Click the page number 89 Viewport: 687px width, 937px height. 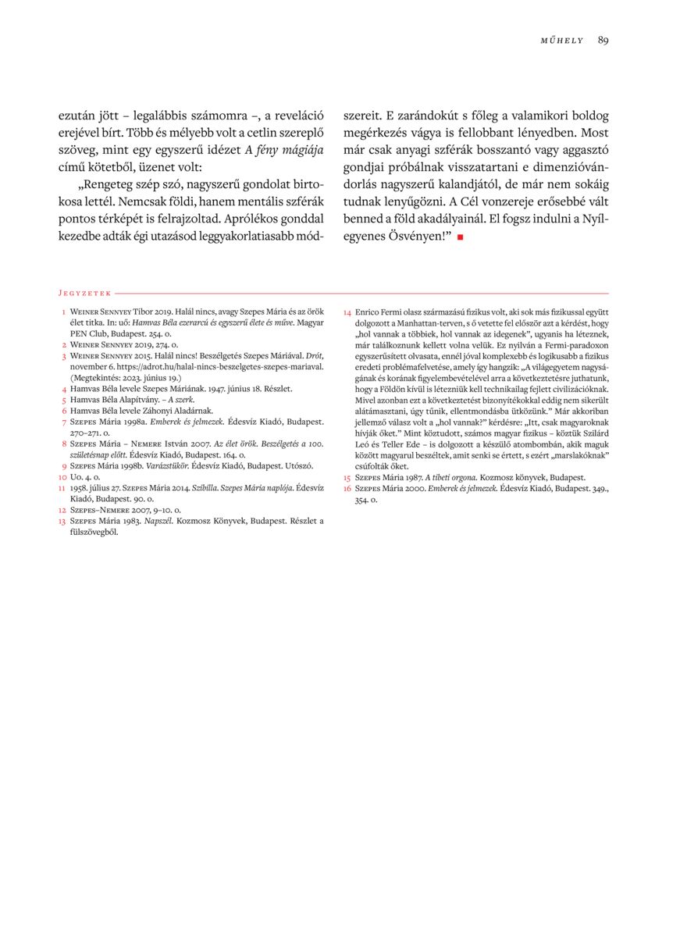tap(603, 41)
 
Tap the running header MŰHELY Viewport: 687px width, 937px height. tap(562, 41)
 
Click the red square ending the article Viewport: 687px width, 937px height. tap(461, 237)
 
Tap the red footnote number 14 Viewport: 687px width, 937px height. tap(347, 312)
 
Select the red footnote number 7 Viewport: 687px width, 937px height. tap(62, 422)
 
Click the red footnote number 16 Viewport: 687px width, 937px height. tap(347, 488)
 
